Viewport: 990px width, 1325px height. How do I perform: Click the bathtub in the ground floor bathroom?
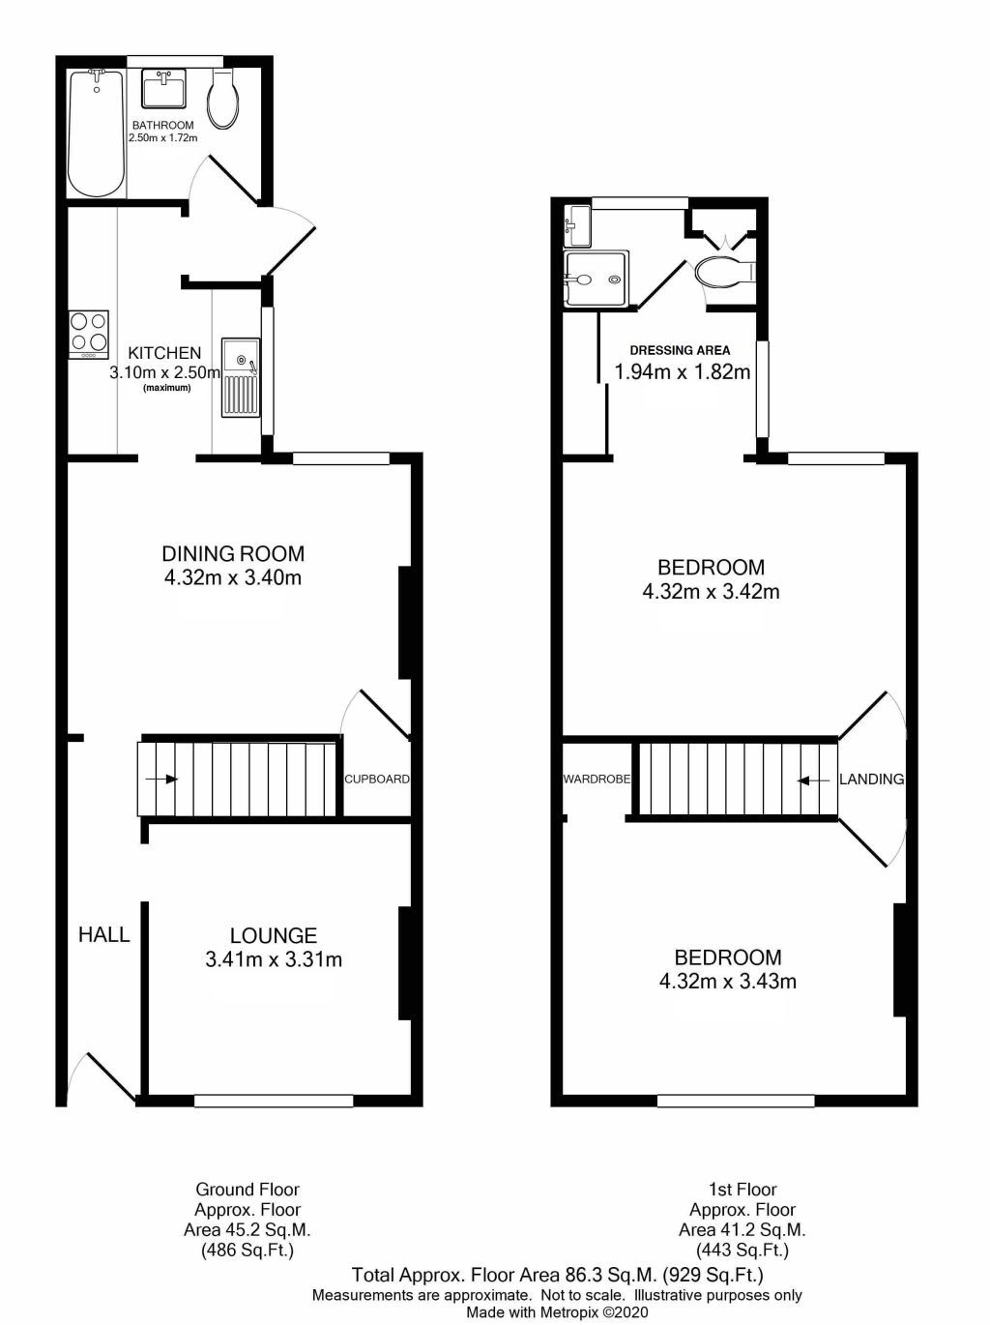(x=96, y=133)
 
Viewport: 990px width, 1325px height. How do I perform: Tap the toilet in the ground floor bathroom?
(x=223, y=101)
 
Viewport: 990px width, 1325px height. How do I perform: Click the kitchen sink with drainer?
(x=241, y=377)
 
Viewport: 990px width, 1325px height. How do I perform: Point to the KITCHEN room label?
(x=165, y=353)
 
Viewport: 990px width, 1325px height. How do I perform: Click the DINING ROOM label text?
(x=232, y=554)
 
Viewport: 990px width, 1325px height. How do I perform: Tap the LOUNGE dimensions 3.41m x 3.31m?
(x=274, y=960)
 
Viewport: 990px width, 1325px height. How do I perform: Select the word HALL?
(x=104, y=934)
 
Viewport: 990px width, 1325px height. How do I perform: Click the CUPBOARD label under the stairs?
(x=377, y=779)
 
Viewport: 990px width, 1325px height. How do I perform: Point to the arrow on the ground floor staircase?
(x=160, y=779)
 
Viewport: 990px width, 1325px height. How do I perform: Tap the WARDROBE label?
(x=597, y=779)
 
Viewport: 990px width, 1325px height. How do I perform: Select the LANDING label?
(x=871, y=779)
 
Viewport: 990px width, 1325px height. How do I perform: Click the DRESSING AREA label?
(x=680, y=350)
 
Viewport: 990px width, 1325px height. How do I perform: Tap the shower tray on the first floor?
(x=597, y=280)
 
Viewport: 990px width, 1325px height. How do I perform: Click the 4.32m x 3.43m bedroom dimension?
(x=728, y=982)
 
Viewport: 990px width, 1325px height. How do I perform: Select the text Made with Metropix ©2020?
(x=557, y=1312)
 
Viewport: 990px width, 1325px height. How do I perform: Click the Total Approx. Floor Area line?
(x=557, y=1275)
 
